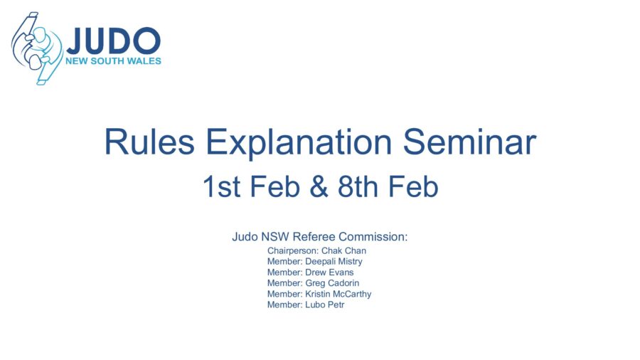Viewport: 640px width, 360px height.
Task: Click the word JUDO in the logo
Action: point(114,41)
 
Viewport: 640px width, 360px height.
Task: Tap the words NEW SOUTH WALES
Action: point(114,61)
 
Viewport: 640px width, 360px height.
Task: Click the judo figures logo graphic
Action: point(37,48)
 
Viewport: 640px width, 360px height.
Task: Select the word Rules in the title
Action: point(149,142)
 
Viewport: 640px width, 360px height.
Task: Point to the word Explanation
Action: point(299,143)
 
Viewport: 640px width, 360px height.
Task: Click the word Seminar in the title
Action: point(469,142)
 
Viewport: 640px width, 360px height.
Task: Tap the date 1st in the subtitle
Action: point(221,186)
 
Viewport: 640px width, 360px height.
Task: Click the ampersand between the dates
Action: point(319,186)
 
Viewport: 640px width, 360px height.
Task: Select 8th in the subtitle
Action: point(358,186)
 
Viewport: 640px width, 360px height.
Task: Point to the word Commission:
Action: point(373,237)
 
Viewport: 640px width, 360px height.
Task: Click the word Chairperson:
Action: point(293,251)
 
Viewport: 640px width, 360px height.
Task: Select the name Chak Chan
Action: point(343,250)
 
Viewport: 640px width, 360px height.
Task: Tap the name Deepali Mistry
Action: point(334,262)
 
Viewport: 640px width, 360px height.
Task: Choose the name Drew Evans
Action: point(329,272)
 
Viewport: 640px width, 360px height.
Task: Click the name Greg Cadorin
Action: point(332,283)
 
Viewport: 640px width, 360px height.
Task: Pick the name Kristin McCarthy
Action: point(338,294)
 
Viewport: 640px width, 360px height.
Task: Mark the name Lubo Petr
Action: point(325,305)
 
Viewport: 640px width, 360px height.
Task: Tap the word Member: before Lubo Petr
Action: point(285,305)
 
